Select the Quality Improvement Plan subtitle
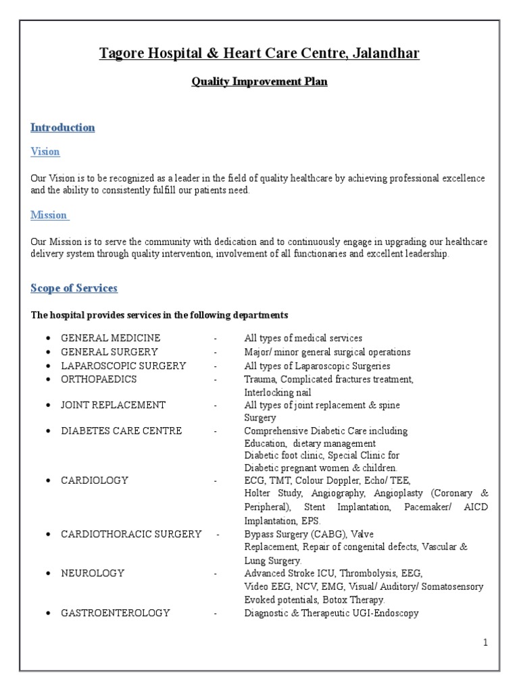pos(259,82)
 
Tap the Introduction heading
pos(63,128)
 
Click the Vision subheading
pos(45,152)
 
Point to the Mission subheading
pos(49,215)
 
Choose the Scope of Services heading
pos(74,288)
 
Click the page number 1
pos(485,643)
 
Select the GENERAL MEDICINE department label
pos(111,338)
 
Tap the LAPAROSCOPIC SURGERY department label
pos(124,366)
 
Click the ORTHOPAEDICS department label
pos(99,379)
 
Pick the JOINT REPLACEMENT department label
pos(114,405)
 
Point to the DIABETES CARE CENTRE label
pos(122,431)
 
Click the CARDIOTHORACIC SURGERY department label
pos(131,534)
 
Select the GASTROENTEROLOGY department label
pos(116,613)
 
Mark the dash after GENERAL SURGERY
pos(216,352)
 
